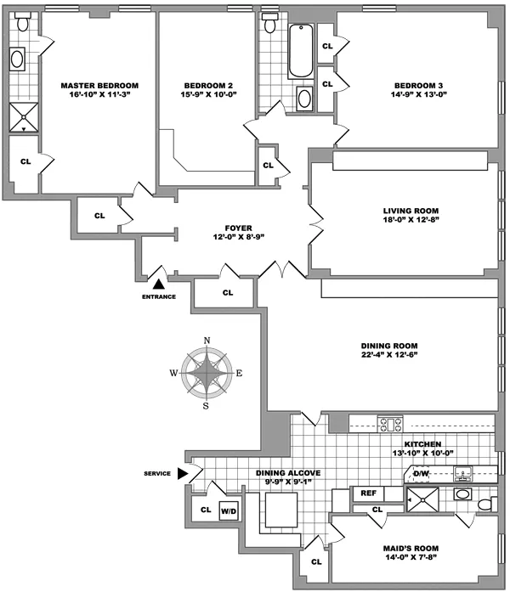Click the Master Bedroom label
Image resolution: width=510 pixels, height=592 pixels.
click(99, 86)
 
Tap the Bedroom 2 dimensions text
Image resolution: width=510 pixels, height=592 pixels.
click(207, 97)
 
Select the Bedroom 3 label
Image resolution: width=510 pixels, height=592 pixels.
click(416, 86)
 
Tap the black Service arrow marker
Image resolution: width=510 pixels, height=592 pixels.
click(183, 474)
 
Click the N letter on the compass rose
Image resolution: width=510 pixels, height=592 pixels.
click(207, 341)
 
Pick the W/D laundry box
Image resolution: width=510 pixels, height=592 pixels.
click(228, 511)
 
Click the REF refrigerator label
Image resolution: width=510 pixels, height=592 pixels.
click(369, 493)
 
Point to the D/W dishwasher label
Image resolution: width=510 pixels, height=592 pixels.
click(422, 474)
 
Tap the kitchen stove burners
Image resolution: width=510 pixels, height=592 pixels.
click(389, 422)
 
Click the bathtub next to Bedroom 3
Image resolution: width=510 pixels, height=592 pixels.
click(301, 54)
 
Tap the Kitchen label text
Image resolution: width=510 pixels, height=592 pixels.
click(422, 444)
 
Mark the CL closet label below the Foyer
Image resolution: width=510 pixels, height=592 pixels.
click(227, 292)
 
